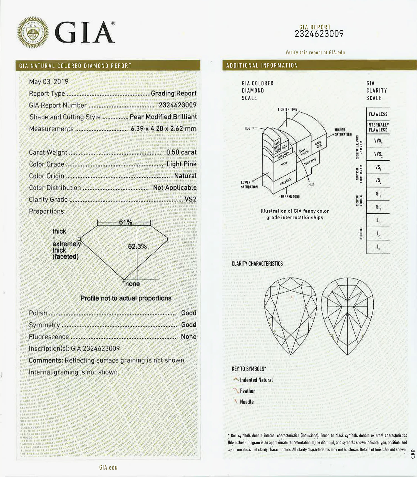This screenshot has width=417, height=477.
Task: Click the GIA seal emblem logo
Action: [x=33, y=32]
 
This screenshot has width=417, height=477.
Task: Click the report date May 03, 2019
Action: [x=49, y=82]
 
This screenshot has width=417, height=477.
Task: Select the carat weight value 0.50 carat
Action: [x=181, y=152]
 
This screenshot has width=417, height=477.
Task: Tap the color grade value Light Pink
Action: [x=182, y=164]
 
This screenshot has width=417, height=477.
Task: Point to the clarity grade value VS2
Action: [x=190, y=199]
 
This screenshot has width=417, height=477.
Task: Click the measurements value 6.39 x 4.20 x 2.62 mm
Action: [x=163, y=129]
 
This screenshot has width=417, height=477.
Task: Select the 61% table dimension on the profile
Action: [x=125, y=222]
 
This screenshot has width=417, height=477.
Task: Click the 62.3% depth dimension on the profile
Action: [x=137, y=246]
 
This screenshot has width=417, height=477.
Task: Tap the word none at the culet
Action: [x=132, y=284]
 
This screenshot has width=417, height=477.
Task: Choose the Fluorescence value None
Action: [x=188, y=337]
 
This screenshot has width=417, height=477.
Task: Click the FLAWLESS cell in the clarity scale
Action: [x=378, y=114]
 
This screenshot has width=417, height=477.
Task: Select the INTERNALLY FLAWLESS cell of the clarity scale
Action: [x=378, y=127]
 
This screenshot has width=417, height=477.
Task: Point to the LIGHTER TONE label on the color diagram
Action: [x=287, y=109]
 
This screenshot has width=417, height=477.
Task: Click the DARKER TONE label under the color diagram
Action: [x=290, y=197]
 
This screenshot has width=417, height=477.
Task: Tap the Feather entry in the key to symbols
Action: [x=247, y=391]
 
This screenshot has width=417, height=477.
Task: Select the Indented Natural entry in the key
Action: [x=256, y=380]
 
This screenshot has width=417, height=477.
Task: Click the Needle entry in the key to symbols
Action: [x=247, y=402]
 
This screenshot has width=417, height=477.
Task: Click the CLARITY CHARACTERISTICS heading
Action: [x=257, y=264]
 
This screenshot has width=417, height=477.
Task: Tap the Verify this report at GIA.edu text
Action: [x=315, y=52]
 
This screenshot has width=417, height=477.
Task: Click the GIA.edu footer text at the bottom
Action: [x=108, y=468]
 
